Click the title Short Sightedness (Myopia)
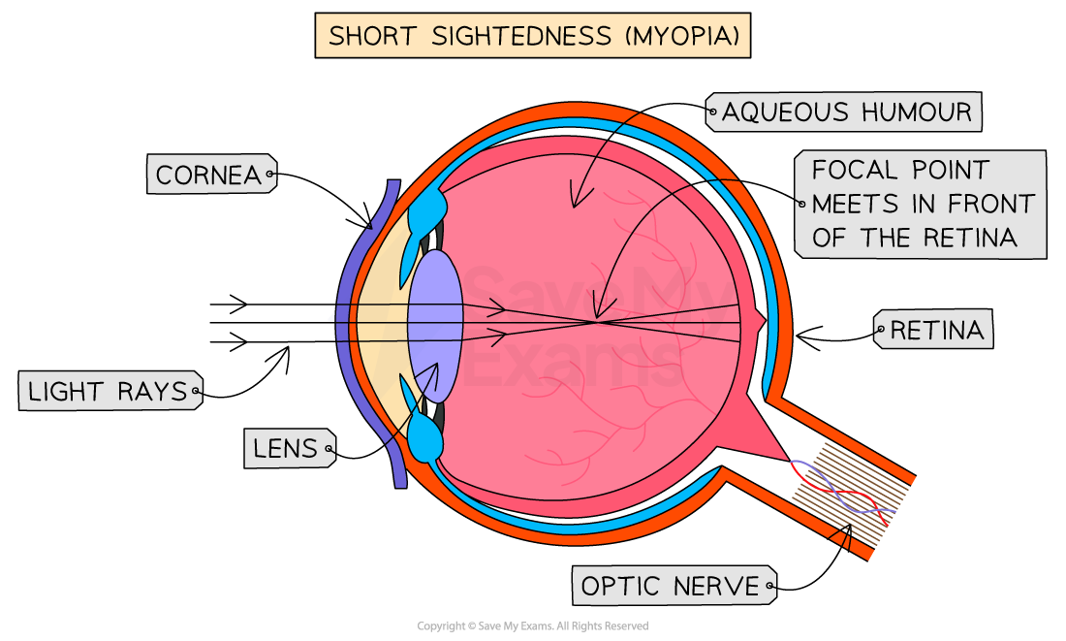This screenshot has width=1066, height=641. (533, 37)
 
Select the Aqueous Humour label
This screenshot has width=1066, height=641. (845, 112)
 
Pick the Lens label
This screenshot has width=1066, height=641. (287, 449)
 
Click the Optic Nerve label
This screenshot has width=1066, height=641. (671, 586)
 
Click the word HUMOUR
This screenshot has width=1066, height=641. (915, 112)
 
